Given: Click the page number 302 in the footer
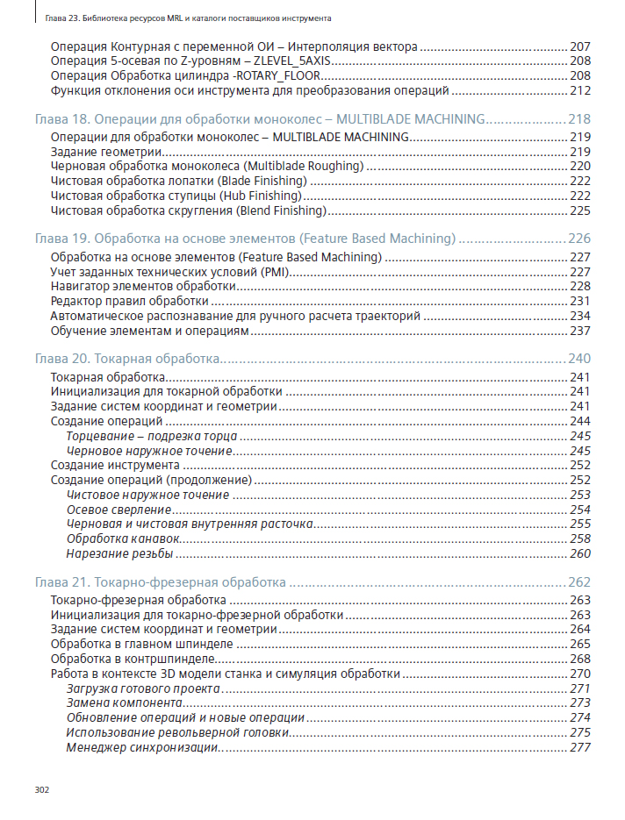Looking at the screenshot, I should (41, 789).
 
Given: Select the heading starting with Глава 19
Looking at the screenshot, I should (245, 239).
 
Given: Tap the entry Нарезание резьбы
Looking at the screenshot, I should (119, 554).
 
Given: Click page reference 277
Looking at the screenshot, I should (580, 747).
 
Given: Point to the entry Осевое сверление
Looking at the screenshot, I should (119, 510).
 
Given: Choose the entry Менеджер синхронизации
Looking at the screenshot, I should (141, 747).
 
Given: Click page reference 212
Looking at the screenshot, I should (580, 90).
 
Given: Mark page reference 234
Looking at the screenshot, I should (580, 316).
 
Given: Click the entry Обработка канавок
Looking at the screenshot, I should (124, 538).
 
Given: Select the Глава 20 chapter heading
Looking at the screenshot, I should (126, 359).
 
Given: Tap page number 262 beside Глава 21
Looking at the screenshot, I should (579, 581).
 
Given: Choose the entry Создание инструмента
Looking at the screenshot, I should (115, 465).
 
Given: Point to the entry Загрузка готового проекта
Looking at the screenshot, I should (143, 688).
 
